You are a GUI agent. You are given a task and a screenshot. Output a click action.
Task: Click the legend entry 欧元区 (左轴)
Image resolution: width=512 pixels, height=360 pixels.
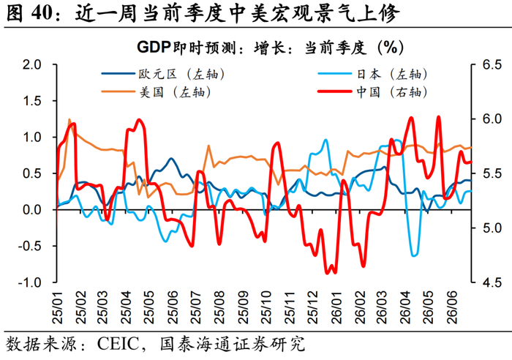[163, 74]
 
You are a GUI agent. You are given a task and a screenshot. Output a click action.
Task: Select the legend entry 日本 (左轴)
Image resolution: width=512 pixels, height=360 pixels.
[372, 74]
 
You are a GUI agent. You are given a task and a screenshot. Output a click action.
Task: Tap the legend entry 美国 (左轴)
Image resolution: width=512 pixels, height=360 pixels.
[156, 92]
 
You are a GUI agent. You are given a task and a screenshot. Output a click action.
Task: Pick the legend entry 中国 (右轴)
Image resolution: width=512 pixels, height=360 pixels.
[372, 92]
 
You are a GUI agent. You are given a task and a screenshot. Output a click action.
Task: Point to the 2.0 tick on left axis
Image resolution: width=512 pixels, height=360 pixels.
[32, 64]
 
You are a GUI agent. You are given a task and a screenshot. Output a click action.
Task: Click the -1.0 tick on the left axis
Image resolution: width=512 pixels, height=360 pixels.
[30, 282]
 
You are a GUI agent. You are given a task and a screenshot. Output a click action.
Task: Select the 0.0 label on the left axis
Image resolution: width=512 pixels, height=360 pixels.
[32, 210]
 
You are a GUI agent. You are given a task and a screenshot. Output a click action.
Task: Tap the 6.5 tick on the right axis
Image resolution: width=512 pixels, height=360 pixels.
[492, 64]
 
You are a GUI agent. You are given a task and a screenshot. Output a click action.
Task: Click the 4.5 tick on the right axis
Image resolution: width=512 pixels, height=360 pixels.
[492, 282]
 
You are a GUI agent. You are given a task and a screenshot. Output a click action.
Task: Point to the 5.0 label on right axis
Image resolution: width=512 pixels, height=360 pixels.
[492, 228]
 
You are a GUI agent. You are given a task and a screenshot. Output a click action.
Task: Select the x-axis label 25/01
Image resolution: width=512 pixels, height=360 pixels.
[58, 308]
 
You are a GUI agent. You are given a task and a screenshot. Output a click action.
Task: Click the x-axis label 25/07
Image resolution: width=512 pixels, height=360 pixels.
[197, 308]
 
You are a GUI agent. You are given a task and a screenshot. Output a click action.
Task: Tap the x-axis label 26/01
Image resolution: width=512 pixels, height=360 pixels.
[336, 308]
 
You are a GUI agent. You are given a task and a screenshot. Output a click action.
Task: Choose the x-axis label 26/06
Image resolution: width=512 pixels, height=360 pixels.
[452, 308]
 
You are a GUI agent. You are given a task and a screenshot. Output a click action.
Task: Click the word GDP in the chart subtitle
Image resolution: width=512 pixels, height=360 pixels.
[154, 48]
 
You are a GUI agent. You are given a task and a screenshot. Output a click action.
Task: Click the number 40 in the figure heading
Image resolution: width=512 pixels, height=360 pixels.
[42, 13]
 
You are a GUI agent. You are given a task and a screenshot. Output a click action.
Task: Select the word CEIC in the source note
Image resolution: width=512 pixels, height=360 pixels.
[118, 344]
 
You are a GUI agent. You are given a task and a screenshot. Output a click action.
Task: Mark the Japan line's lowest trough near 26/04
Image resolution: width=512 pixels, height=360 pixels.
[414, 255]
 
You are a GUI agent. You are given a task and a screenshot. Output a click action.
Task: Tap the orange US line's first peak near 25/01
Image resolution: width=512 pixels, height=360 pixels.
[69, 120]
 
